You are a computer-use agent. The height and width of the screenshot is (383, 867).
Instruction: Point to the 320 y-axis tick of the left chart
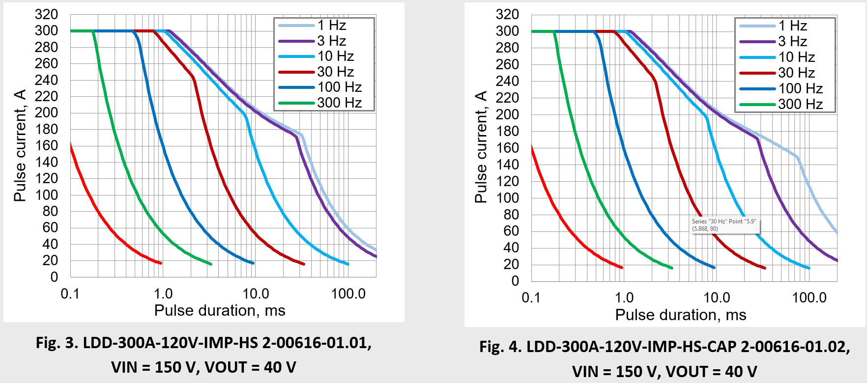pos(46,14)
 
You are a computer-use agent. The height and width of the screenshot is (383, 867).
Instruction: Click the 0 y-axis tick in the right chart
pos(515,281)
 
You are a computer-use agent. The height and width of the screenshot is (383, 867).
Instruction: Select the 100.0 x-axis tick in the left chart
pos(348,294)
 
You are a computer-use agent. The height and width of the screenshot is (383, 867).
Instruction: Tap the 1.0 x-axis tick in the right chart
pos(624,298)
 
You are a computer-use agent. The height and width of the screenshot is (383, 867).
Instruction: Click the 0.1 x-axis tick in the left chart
pos(70,294)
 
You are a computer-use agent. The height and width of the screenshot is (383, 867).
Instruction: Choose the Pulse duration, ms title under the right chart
pos(681,315)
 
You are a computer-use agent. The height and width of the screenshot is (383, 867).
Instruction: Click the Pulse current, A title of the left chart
pos(20,146)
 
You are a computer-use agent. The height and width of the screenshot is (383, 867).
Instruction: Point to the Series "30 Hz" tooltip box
pos(724,225)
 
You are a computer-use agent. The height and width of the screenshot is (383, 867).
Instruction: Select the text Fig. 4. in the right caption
pos(501,347)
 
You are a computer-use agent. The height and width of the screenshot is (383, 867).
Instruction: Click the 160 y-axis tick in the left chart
pos(46,145)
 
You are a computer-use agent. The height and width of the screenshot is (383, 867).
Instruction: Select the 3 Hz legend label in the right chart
pos(793,41)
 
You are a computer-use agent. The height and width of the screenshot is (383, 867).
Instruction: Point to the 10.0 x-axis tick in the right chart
pos(717,298)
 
